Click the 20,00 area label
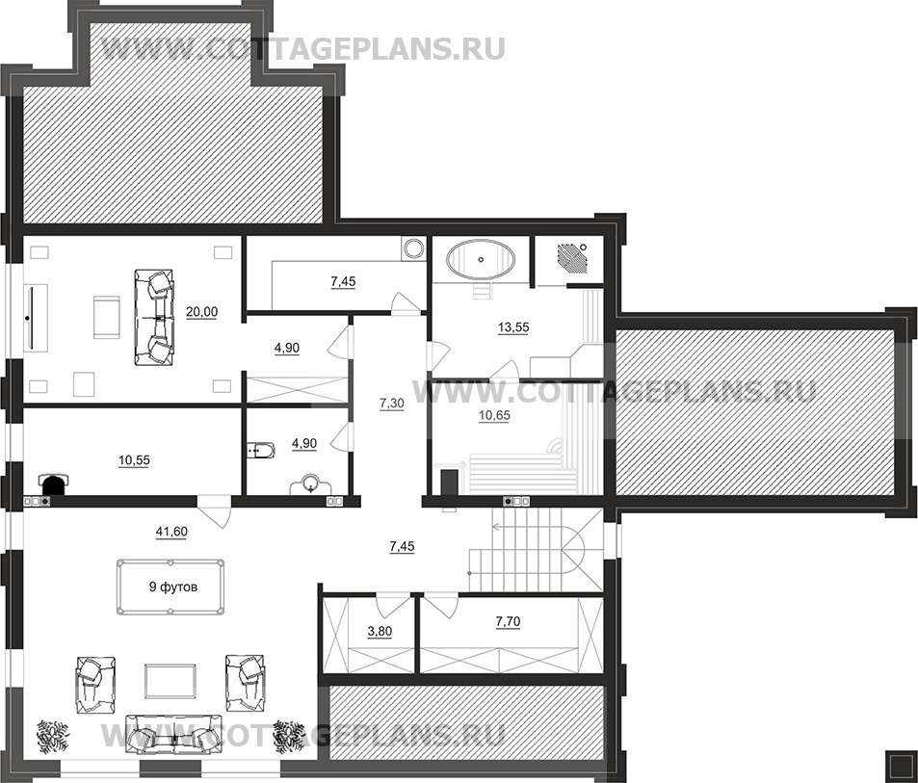201,312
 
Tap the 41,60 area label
170,532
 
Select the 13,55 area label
512,327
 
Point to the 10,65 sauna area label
494,416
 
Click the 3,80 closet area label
380,632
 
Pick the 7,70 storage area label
509,622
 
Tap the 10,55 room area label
134,461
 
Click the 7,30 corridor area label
392,404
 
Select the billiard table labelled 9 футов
170,587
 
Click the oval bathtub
482,259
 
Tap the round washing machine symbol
414,248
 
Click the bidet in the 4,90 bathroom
260,451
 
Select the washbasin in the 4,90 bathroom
311,486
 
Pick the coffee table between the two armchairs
170,681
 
